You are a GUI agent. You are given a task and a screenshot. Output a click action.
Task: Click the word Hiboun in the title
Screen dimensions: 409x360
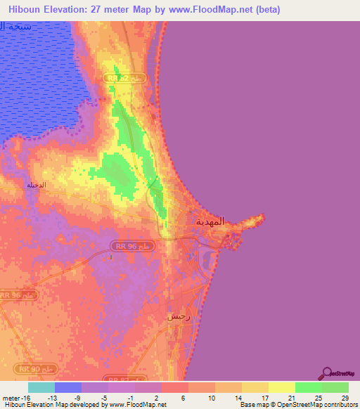(27, 9)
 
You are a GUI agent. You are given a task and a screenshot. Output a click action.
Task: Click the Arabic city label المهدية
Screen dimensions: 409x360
(210, 221)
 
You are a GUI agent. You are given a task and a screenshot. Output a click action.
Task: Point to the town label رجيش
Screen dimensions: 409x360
(179, 317)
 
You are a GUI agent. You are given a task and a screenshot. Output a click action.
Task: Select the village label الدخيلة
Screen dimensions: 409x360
(36, 185)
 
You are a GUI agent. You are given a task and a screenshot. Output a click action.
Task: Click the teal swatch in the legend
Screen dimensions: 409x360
(41, 387)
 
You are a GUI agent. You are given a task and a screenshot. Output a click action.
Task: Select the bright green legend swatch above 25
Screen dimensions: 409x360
(309, 387)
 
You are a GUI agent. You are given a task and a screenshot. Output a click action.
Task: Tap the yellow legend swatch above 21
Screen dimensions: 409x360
(282, 387)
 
